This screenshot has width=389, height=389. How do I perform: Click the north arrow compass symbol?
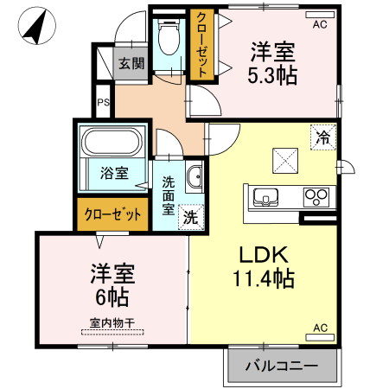[35, 27]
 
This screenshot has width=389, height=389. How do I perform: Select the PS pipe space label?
[103, 104]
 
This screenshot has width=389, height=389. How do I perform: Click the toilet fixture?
[168, 40]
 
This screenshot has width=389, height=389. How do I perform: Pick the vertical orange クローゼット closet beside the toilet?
[201, 45]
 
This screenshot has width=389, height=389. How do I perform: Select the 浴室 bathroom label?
[113, 172]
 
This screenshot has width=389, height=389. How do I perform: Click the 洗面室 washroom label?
[169, 196]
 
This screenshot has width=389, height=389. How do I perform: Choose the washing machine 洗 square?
[189, 219]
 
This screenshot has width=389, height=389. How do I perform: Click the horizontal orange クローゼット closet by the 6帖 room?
[112, 214]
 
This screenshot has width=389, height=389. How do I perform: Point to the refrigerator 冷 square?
[322, 136]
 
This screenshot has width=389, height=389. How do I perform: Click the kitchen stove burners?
[316, 197]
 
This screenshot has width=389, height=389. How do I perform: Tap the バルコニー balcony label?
[280, 366]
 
